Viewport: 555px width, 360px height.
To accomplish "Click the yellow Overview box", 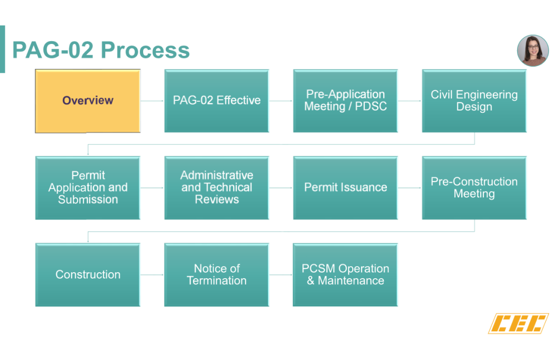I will (x=88, y=101).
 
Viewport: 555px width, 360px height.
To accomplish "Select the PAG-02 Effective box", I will (x=216, y=101).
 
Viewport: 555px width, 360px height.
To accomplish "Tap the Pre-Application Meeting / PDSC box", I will (x=345, y=101).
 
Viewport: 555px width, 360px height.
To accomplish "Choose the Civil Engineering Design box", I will (x=474, y=101).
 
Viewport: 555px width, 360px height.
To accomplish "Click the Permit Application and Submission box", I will (x=88, y=188).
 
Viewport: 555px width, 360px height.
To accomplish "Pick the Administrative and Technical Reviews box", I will (x=216, y=188).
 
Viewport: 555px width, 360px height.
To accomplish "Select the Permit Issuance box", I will (x=345, y=188).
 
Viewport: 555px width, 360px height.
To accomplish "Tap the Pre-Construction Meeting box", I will (x=474, y=188).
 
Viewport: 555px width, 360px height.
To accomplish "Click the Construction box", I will (x=88, y=275).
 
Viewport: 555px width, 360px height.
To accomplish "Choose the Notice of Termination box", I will (x=216, y=275).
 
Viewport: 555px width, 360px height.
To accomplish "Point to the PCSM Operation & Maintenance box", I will (x=345, y=275).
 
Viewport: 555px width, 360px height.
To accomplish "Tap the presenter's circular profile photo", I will (x=532, y=51).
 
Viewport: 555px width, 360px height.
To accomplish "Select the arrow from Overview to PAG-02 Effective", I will (x=152, y=101).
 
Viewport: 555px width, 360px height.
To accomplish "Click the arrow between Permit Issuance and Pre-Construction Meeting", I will (x=410, y=188).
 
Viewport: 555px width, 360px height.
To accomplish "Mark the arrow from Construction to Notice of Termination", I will (x=152, y=275).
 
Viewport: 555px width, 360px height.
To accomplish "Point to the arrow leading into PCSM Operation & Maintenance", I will (x=281, y=275).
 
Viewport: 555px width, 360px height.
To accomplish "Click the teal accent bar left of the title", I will (x=2, y=49).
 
